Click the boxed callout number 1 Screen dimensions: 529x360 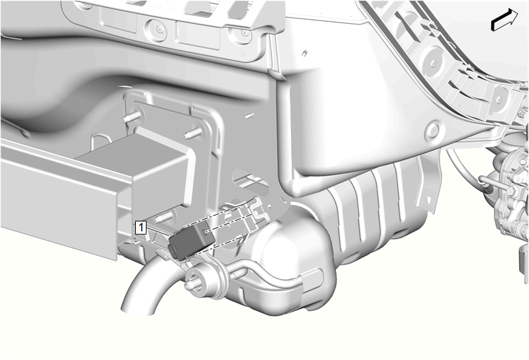[x=141, y=227]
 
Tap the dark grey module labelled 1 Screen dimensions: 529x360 [x=192, y=241]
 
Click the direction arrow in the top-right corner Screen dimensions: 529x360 [x=504, y=20]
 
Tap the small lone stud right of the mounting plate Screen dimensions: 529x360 [x=250, y=116]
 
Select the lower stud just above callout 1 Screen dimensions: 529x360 [x=164, y=216]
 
